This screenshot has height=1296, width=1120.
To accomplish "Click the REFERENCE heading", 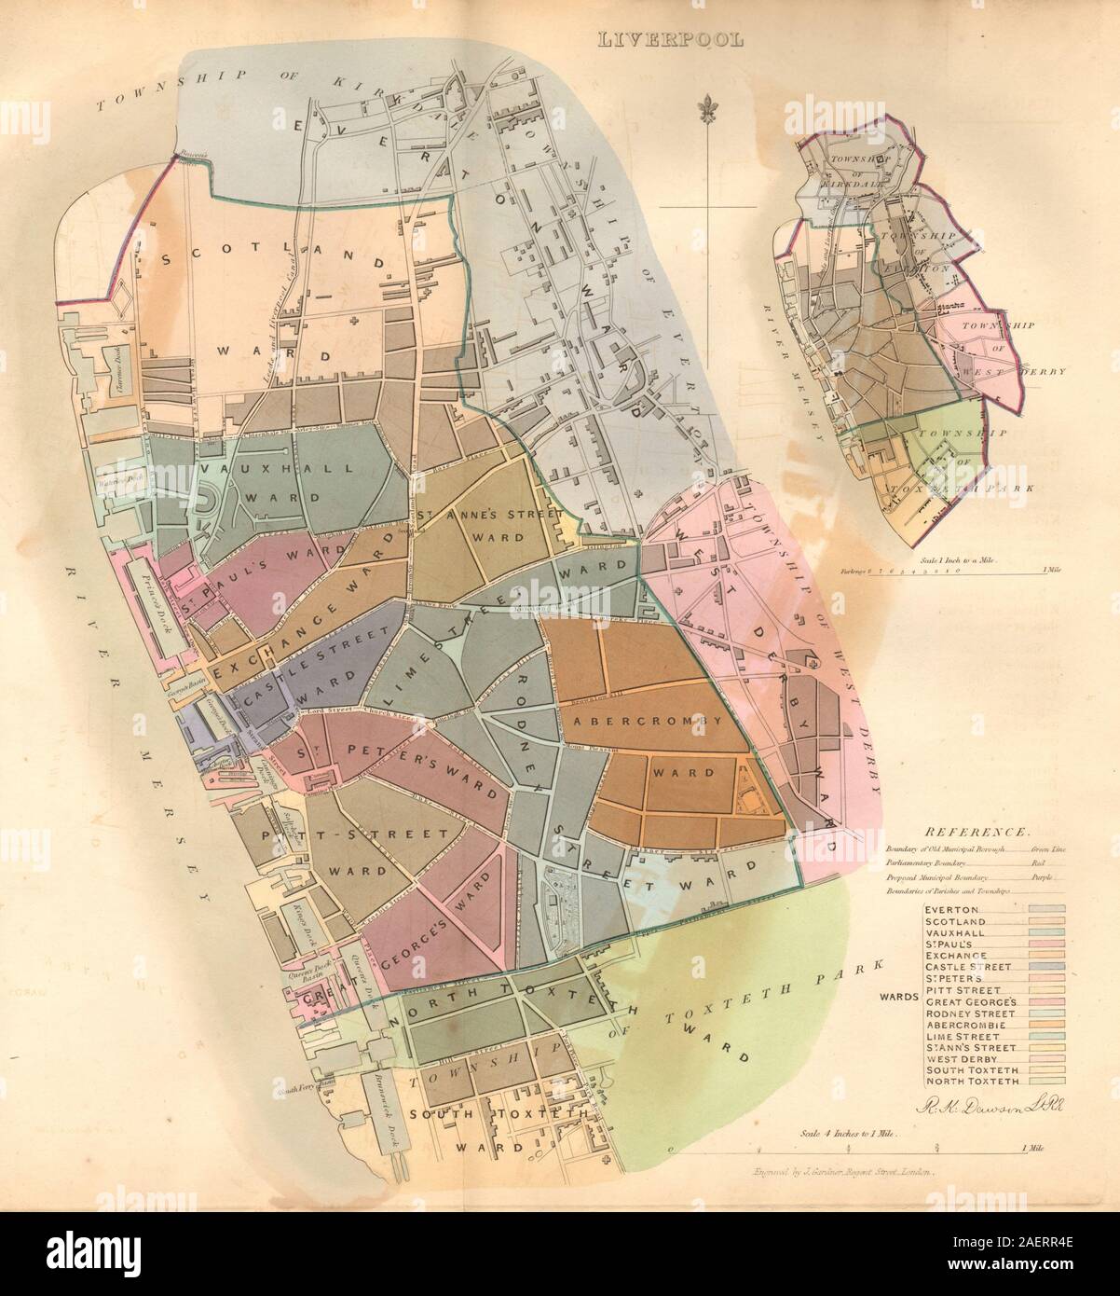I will [975, 832].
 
